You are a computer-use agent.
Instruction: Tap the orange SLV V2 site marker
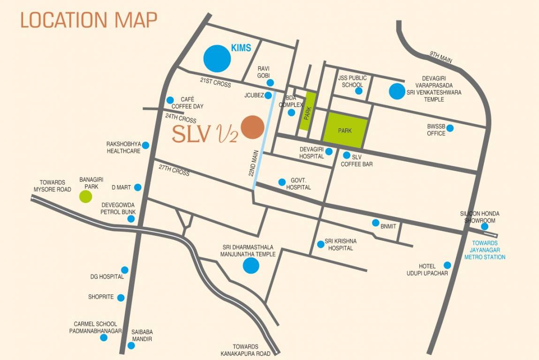252,127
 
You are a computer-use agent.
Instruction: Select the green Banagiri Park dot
85,196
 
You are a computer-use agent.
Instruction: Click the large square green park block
345,130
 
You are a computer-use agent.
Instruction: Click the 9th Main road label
441,58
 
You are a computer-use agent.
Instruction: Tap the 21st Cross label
215,82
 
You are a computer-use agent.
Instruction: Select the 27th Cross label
174,170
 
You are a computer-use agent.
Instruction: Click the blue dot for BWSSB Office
450,128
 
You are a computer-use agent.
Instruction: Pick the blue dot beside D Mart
137,187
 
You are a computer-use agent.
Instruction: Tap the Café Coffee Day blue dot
170,100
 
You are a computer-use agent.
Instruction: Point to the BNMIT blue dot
375,223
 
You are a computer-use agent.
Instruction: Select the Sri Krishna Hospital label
341,244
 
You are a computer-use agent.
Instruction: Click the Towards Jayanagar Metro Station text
485,250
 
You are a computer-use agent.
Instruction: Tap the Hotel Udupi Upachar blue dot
447,265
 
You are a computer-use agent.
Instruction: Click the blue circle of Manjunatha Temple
251,266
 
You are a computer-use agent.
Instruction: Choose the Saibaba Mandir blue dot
131,345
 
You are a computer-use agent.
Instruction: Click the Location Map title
89,20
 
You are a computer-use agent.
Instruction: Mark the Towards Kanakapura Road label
245,350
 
